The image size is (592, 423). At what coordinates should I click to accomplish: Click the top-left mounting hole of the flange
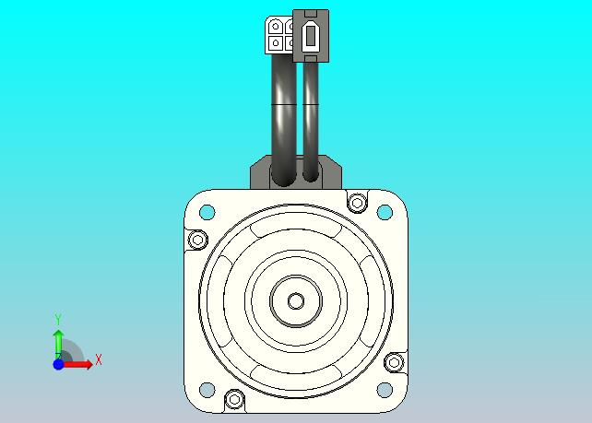[x=207, y=212]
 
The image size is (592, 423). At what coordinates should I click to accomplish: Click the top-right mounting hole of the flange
[x=385, y=212]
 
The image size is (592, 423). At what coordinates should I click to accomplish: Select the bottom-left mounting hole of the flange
[x=207, y=390]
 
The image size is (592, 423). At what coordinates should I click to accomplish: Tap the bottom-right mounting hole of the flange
[x=385, y=390]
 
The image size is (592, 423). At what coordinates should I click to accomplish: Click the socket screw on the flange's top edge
[x=357, y=203]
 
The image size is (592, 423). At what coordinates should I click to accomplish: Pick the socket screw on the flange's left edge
[x=197, y=240]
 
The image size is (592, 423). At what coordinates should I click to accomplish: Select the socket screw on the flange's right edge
[x=394, y=362]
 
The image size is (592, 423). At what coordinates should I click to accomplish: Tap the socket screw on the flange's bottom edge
[x=234, y=399]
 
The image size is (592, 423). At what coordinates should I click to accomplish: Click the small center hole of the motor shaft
[x=296, y=300]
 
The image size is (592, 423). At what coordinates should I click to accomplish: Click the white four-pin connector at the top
[x=279, y=35]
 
